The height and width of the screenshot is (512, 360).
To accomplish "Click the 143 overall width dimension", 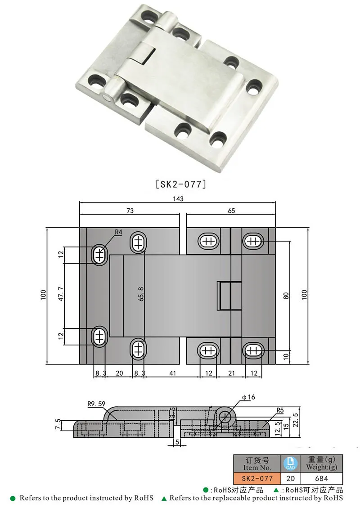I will click(x=178, y=198).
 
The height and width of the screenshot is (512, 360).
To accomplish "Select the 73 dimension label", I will click(x=130, y=210).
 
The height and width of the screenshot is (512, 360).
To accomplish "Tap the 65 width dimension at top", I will click(x=231, y=210).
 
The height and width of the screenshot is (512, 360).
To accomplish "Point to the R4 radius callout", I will click(x=118, y=232).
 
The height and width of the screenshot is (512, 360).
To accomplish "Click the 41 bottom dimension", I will click(x=172, y=373).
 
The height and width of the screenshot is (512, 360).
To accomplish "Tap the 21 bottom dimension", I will click(x=231, y=373).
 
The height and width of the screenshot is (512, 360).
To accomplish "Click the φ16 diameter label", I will click(x=248, y=397).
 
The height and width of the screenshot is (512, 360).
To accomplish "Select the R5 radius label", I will click(x=279, y=410).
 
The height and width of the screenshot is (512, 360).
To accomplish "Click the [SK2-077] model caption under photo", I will click(x=180, y=184).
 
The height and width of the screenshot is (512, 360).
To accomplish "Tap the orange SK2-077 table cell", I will click(x=257, y=479).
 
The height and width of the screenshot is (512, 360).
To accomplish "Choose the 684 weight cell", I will click(x=321, y=479).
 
